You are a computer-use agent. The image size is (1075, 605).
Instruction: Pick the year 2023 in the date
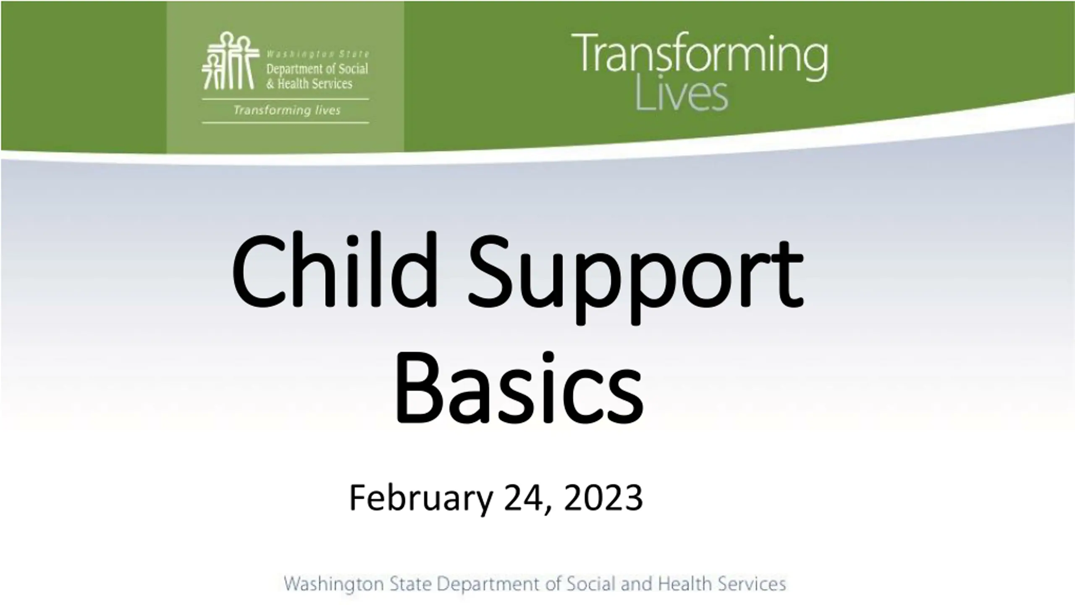coord(603,497)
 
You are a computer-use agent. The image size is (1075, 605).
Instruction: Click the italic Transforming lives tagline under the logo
coord(287,110)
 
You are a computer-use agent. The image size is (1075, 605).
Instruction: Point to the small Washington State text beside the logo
coord(318,54)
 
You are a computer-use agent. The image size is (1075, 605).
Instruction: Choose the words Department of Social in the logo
coord(317,68)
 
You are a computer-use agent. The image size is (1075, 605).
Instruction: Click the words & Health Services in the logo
coord(309,83)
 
